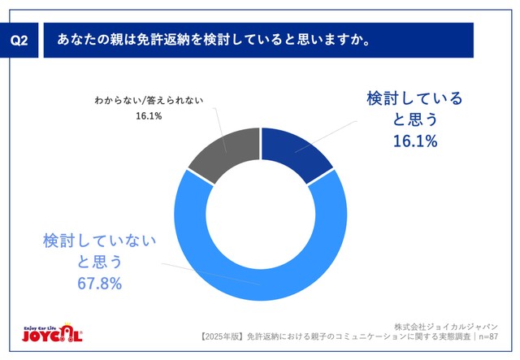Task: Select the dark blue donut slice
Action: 298,151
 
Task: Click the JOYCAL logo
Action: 51,334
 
